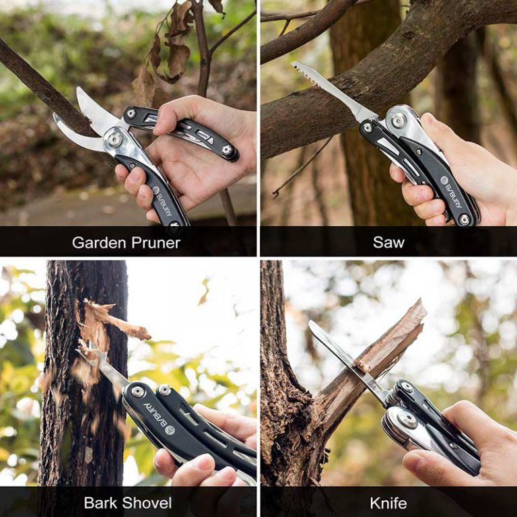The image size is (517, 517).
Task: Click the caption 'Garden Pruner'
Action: pos(126,242)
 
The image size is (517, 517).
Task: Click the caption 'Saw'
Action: pos(388,242)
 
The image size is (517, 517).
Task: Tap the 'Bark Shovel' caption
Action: pos(128,502)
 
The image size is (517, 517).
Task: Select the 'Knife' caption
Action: pos(388,502)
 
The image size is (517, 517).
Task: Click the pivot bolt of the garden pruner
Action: pos(115,139)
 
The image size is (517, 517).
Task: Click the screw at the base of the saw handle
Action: pos(464,219)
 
